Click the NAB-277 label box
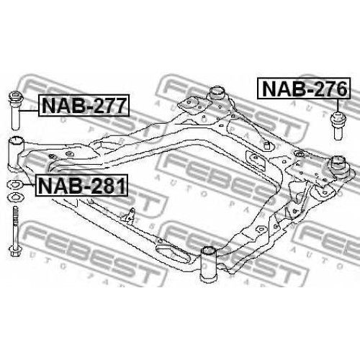(x=84, y=105)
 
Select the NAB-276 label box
(x=304, y=88)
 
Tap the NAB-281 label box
(x=81, y=185)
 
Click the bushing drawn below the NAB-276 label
(x=338, y=125)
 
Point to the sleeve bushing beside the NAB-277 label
(x=16, y=110)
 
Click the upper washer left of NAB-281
(x=16, y=184)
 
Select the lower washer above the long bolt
(x=16, y=197)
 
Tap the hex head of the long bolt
(x=15, y=251)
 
